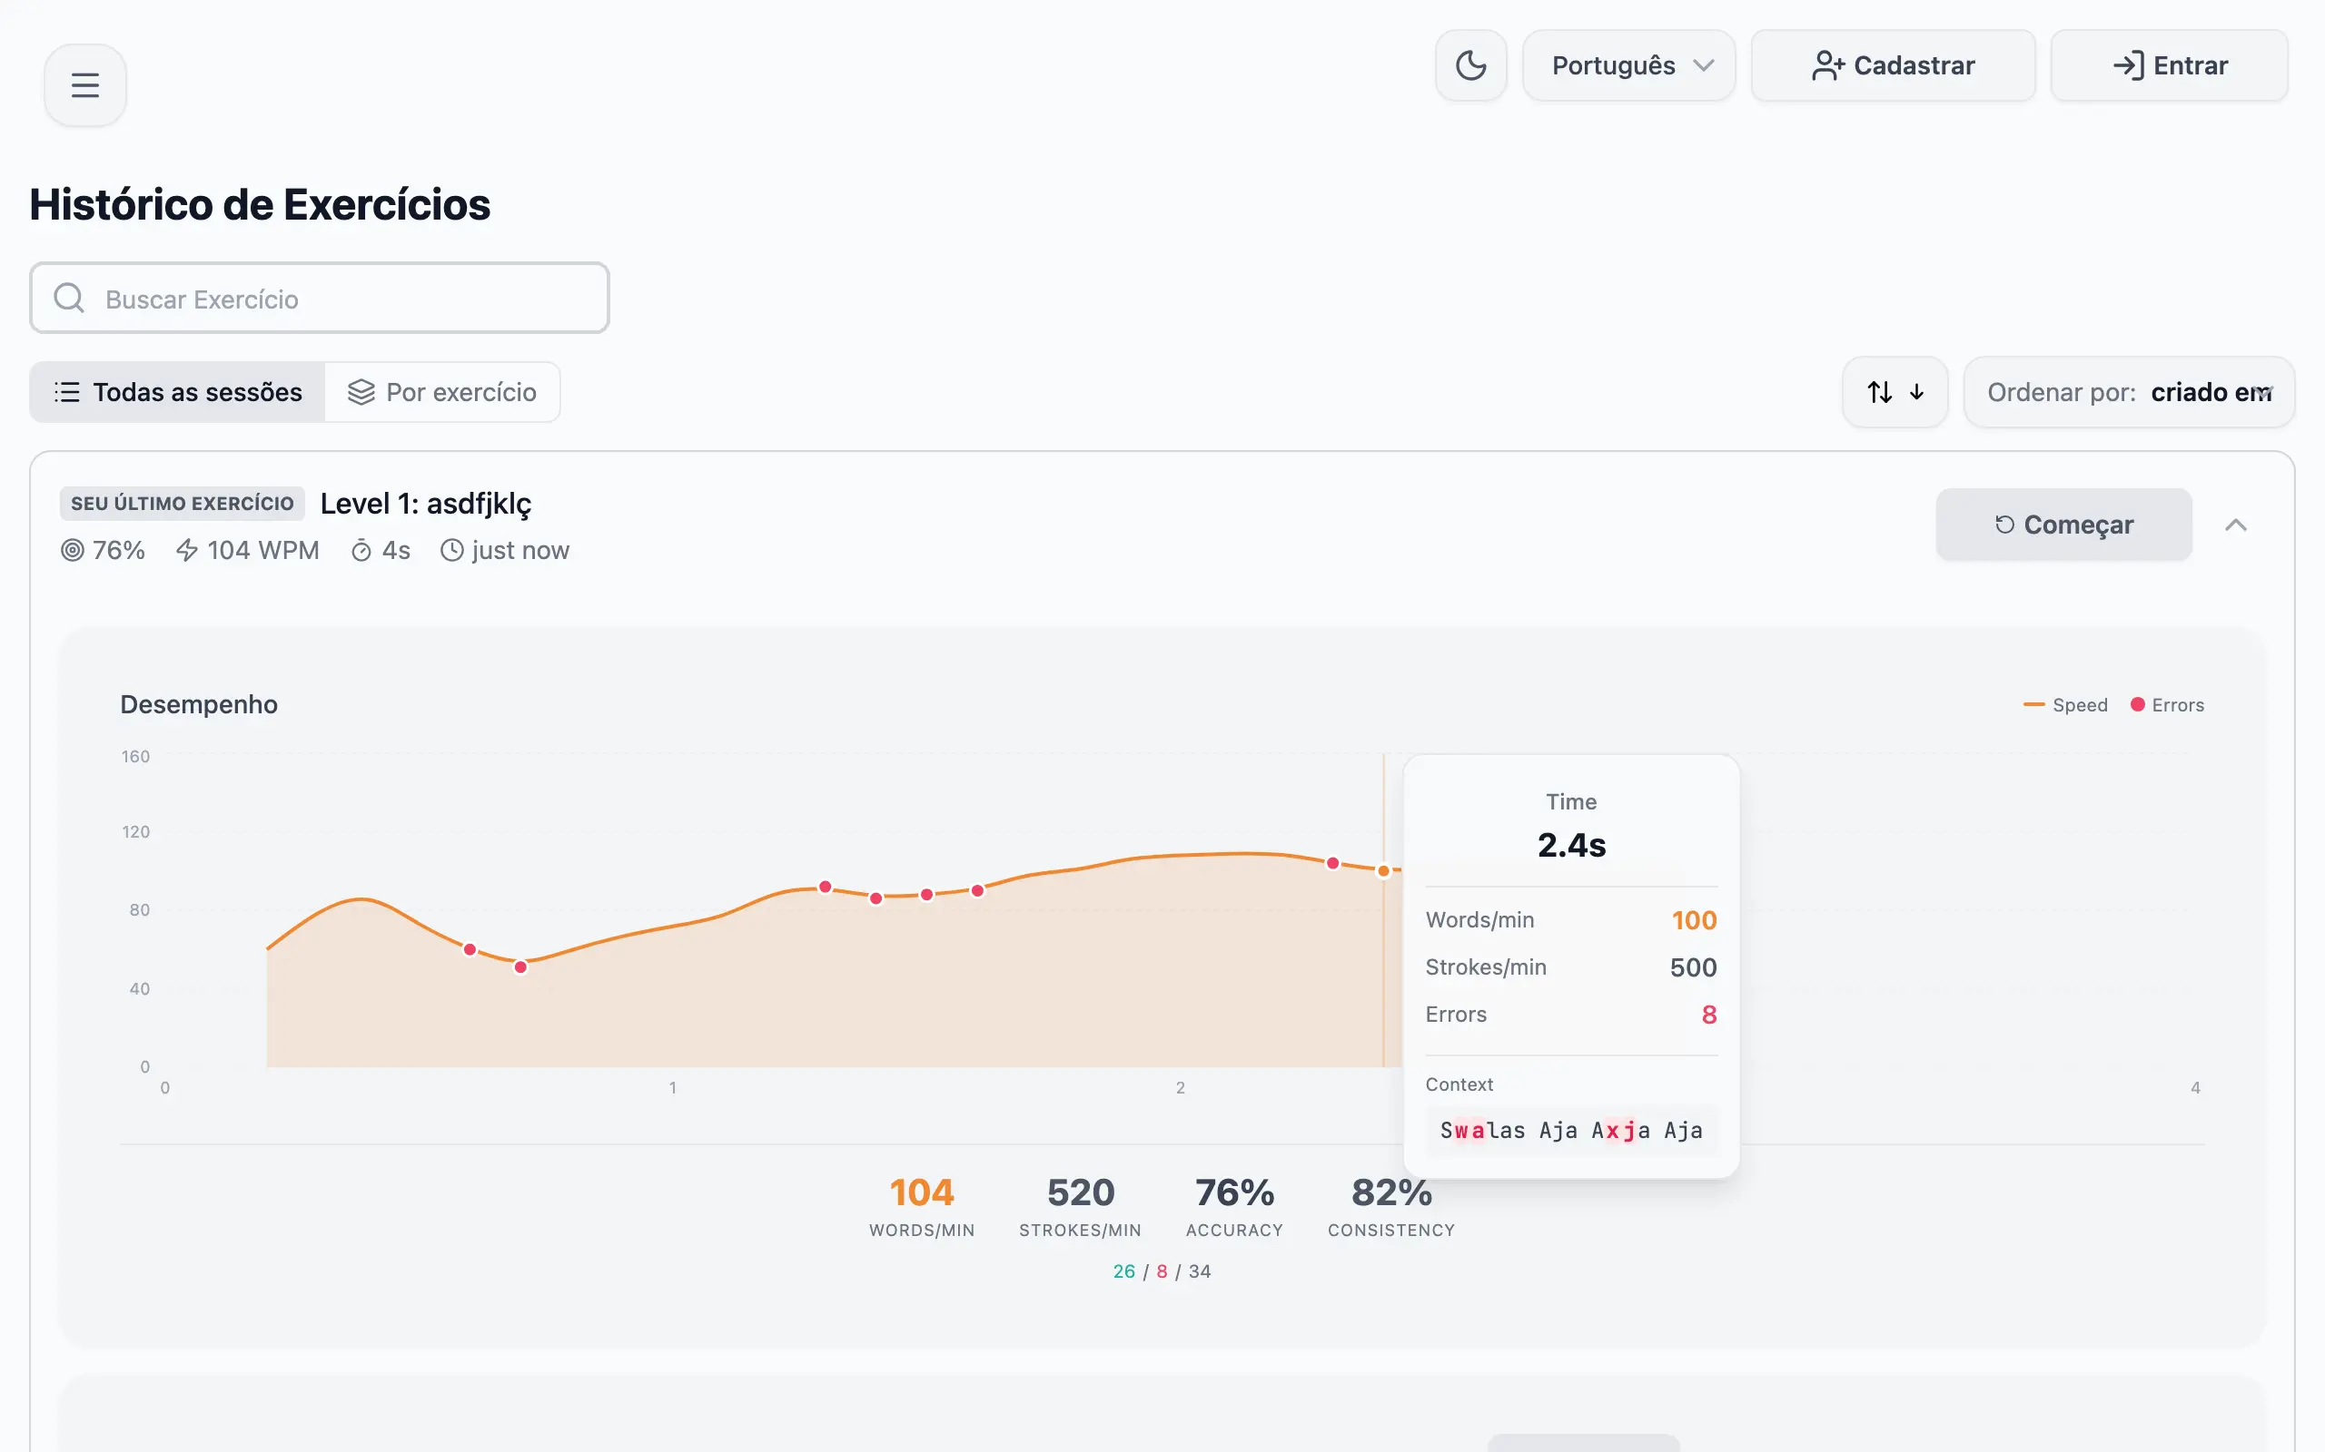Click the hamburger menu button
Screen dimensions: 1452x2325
point(84,85)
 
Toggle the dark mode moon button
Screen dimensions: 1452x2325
point(1470,65)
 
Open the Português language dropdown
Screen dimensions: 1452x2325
point(1628,65)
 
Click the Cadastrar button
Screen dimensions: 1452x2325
point(1892,65)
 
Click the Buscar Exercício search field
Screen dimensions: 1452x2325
point(319,299)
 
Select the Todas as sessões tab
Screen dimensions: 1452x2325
point(178,392)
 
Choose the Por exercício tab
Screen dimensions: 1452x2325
point(442,392)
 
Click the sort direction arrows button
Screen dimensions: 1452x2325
point(1895,392)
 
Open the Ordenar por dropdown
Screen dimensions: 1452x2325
point(2128,392)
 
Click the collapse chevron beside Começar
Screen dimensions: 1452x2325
point(2236,525)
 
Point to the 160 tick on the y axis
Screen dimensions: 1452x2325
point(135,757)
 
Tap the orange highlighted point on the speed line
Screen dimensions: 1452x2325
point(1383,871)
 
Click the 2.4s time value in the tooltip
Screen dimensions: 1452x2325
point(1571,845)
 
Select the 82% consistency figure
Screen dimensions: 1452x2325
point(1391,1192)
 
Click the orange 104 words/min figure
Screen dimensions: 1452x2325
point(921,1192)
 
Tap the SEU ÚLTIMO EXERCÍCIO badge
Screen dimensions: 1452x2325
point(183,503)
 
